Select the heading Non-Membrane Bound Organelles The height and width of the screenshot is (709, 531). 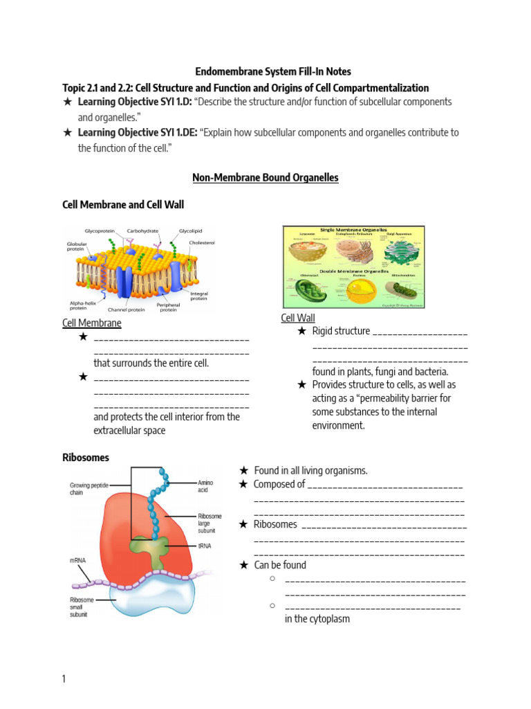pyautogui.click(x=265, y=178)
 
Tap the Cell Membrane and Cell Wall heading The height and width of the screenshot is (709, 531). pyautogui.click(x=123, y=204)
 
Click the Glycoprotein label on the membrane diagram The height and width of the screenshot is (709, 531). pyautogui.click(x=99, y=231)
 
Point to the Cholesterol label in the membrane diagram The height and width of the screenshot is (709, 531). pyautogui.click(x=202, y=243)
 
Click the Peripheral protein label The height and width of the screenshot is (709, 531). pyautogui.click(x=168, y=306)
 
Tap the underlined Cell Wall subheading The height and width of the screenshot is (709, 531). pyautogui.click(x=298, y=318)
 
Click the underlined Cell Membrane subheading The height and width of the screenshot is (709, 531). pyautogui.click(x=92, y=323)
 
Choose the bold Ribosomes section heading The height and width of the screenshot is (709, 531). pyautogui.click(x=86, y=458)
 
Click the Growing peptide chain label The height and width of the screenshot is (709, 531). pyautogui.click(x=86, y=489)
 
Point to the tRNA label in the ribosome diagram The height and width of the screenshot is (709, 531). pyautogui.click(x=205, y=546)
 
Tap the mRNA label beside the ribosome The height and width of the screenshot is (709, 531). pyautogui.click(x=77, y=561)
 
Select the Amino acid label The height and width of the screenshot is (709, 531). pyautogui.click(x=206, y=486)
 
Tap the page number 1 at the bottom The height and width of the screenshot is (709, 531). pyautogui.click(x=64, y=679)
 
